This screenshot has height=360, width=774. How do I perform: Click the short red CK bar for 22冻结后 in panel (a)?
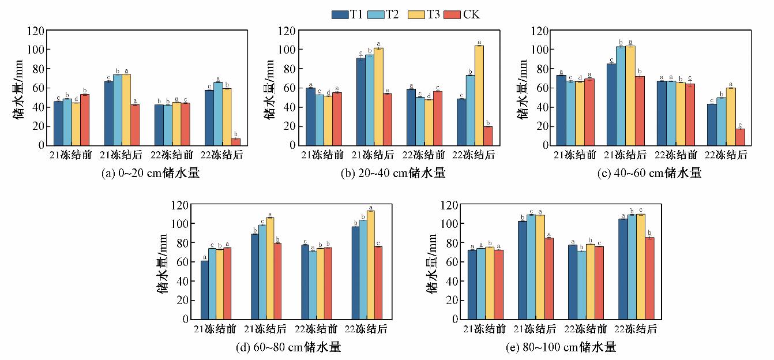click(x=235, y=142)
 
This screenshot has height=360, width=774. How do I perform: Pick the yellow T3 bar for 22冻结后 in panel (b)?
click(x=479, y=95)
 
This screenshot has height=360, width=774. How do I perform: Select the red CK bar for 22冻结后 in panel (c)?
click(x=739, y=137)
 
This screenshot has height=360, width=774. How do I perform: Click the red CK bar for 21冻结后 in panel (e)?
click(x=548, y=278)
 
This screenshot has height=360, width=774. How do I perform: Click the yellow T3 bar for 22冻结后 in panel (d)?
click(x=371, y=265)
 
